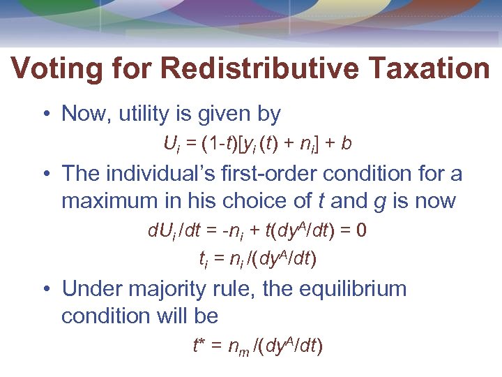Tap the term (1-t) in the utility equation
[x=213, y=145]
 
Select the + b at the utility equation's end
[x=340, y=145]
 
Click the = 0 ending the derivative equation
[x=356, y=231]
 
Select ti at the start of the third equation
[x=204, y=260]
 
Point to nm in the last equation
[x=240, y=348]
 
